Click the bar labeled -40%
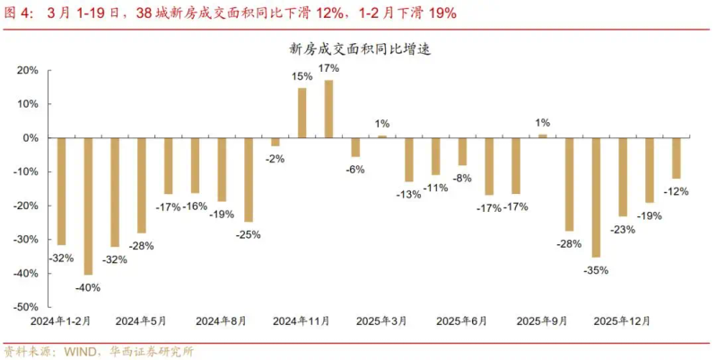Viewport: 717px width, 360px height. pyautogui.click(x=88, y=206)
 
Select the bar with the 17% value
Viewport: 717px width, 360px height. pyautogui.click(x=329, y=109)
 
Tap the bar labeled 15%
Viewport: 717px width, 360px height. pyautogui.click(x=302, y=112)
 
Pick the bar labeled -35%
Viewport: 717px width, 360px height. pyautogui.click(x=596, y=198)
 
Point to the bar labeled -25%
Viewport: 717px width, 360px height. pyautogui.click(x=249, y=180)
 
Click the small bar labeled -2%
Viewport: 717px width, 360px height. pyautogui.click(x=275, y=142)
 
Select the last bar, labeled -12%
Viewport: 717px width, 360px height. pyautogui.click(x=677, y=158)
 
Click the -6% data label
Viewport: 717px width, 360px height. pyautogui.click(x=355, y=170)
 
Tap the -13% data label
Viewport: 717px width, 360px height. pyautogui.click(x=408, y=194)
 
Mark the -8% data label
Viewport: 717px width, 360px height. pyautogui.click(x=462, y=178)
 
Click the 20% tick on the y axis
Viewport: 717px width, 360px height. pyautogui.click(x=27, y=70)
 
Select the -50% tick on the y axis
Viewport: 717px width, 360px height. pyautogui.click(x=25, y=307)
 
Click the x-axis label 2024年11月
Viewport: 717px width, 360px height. pyautogui.click(x=302, y=320)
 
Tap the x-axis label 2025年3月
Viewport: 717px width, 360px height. pyautogui.click(x=381, y=320)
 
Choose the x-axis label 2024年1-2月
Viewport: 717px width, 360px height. pyautogui.click(x=61, y=320)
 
